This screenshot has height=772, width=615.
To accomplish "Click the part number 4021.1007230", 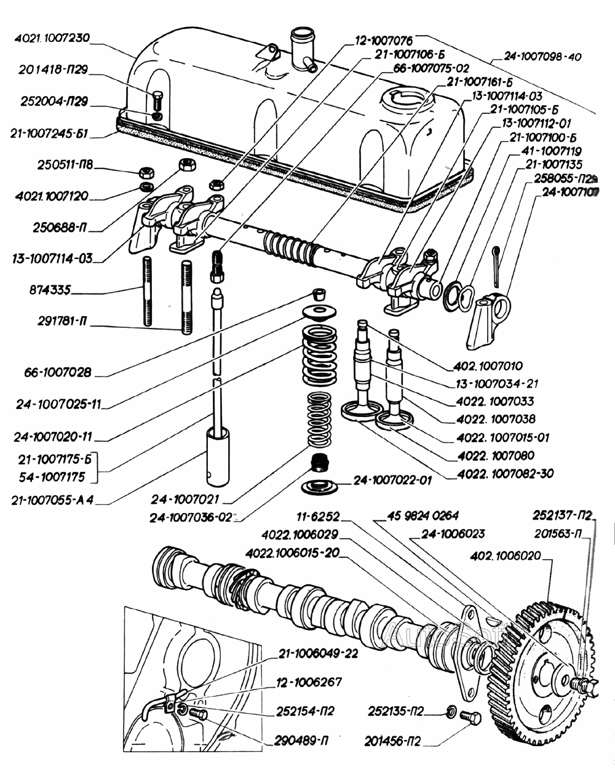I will click(x=52, y=38).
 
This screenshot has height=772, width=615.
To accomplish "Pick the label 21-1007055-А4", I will click(x=52, y=500).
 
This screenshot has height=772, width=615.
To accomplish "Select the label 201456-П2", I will click(x=394, y=738).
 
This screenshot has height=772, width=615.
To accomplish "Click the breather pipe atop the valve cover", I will click(x=301, y=43).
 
